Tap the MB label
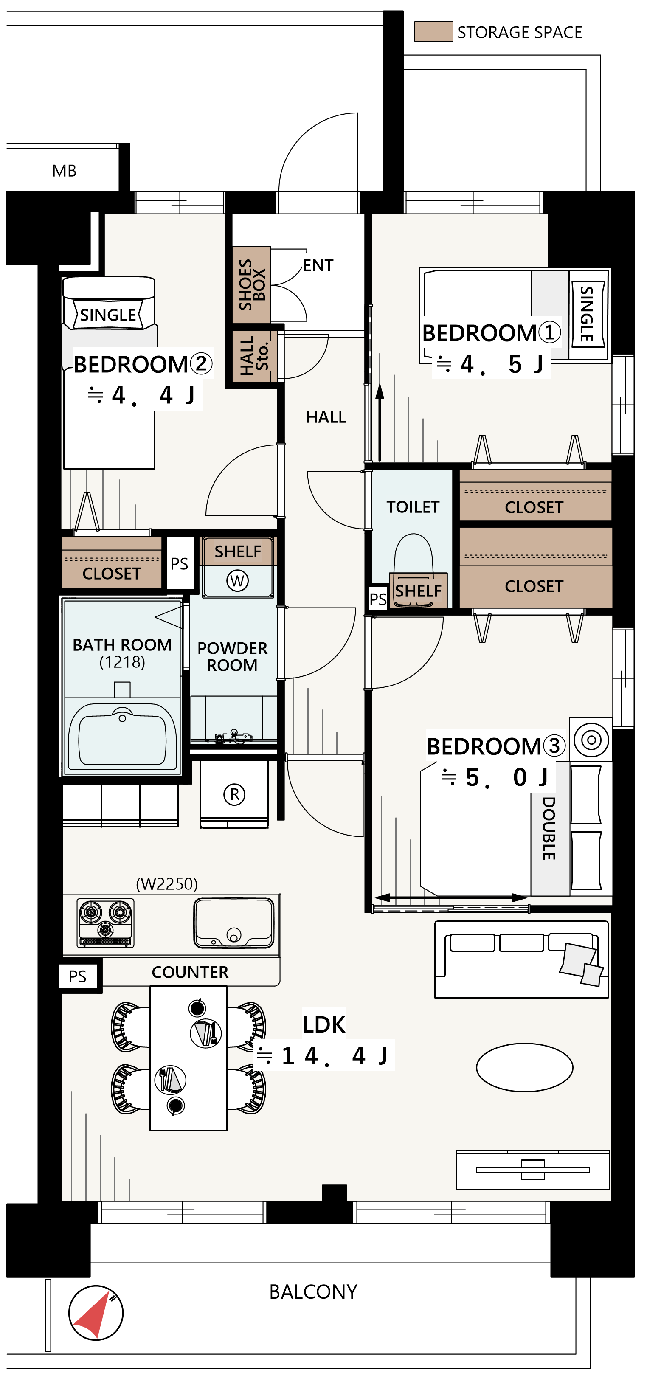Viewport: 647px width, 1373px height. (65, 171)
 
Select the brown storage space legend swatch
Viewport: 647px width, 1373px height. (433, 31)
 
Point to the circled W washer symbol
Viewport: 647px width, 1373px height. (237, 580)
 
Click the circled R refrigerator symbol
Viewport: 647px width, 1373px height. (234, 794)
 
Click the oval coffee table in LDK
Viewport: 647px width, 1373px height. (524, 1067)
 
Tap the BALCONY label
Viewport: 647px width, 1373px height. (313, 1291)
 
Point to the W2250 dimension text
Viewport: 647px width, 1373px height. (167, 884)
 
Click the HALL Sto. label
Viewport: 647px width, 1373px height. (254, 355)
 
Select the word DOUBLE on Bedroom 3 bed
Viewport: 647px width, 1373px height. (549, 828)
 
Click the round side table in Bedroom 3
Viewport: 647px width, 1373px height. (591, 739)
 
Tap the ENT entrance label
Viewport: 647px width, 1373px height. (318, 265)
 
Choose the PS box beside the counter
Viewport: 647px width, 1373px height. (78, 976)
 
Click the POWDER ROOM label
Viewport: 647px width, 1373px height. (232, 657)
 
